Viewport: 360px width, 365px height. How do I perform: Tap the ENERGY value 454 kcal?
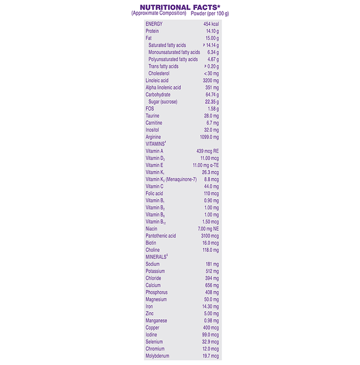coord(209,24)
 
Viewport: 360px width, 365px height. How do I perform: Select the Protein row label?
coord(152,31)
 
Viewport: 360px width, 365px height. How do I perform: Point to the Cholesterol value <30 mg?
coord(211,74)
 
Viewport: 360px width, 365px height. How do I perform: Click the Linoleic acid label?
coord(157,80)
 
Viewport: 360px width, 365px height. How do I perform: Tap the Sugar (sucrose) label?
coord(163,102)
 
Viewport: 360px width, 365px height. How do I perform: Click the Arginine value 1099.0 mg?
coord(208,137)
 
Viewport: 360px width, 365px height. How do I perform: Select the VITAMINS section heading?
coord(155,144)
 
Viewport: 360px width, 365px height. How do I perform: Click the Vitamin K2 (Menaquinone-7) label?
coord(171,179)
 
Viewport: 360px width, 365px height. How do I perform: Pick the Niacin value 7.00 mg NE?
coord(208,228)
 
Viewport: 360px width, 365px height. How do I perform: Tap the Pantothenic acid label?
coord(161,236)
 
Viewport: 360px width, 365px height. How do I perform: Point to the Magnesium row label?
coord(156,299)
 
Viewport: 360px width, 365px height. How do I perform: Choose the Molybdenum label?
coord(158,356)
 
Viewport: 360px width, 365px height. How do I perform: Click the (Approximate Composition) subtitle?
coord(159,13)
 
